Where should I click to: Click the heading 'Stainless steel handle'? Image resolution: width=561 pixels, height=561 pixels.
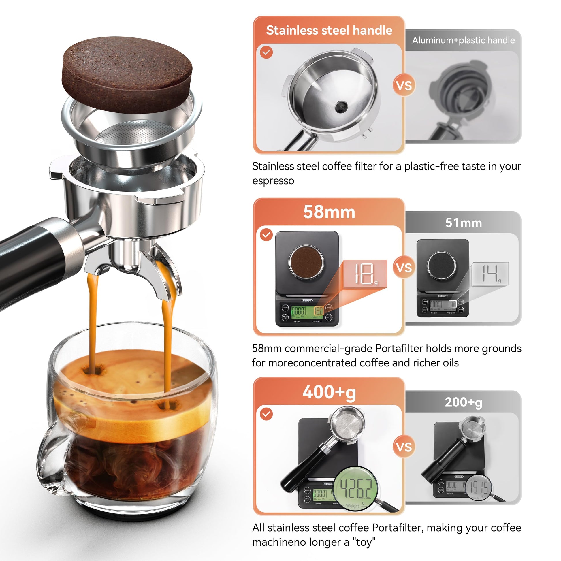tap(329, 30)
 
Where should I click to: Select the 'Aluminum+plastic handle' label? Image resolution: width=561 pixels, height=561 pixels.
tap(463, 40)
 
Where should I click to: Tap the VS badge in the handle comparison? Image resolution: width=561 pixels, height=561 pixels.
tap(404, 85)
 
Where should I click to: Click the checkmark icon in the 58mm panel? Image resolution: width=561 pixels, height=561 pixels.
tap(266, 235)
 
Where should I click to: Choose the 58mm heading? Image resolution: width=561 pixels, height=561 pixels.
tap(329, 212)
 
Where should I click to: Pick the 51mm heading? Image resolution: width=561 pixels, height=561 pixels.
tap(464, 223)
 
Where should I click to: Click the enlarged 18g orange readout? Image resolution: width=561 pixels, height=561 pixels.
tap(365, 274)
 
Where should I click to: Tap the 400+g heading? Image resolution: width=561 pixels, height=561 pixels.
tap(329, 392)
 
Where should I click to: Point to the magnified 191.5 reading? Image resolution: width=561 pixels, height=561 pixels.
tap(479, 488)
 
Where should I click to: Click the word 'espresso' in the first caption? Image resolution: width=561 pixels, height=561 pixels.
tap(273, 181)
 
